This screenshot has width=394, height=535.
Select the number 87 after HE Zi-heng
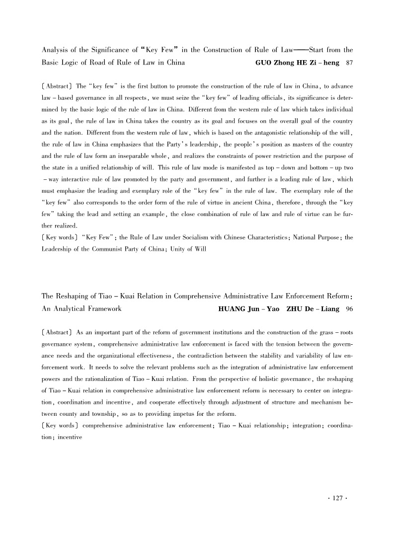point(349,63)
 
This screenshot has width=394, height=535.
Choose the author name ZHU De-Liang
point(310,308)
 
